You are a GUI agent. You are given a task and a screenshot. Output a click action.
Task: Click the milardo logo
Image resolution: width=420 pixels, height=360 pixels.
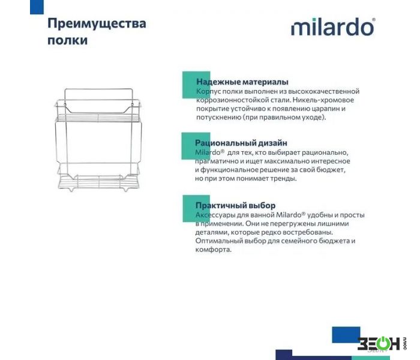pyautogui.click(x=333, y=27)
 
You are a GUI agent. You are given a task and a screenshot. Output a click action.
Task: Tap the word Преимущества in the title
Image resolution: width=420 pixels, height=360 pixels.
pyautogui.click(x=97, y=24)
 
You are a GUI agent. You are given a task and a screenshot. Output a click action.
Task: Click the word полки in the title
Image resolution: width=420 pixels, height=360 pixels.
pyautogui.click(x=67, y=40)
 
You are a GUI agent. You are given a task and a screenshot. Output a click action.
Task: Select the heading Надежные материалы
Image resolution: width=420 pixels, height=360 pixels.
pyautogui.click(x=242, y=82)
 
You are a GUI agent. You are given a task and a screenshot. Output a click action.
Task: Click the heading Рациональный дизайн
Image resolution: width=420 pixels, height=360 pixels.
pyautogui.click(x=241, y=143)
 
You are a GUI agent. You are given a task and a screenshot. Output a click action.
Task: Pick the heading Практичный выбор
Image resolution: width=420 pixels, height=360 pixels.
pyautogui.click(x=235, y=205)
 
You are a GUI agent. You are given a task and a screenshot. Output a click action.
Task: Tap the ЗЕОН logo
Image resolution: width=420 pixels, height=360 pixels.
pyautogui.click(x=382, y=343)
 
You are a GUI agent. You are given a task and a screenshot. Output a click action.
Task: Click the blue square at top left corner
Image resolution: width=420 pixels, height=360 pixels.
pyautogui.click(x=37, y=7)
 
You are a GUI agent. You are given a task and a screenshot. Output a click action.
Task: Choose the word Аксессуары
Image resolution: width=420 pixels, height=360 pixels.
pyautogui.click(x=215, y=215)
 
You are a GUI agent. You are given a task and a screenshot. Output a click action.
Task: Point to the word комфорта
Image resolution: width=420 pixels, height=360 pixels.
pyautogui.click(x=213, y=250)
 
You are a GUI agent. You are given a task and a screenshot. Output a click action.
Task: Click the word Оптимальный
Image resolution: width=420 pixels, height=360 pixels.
pyautogui.click(x=218, y=241)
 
